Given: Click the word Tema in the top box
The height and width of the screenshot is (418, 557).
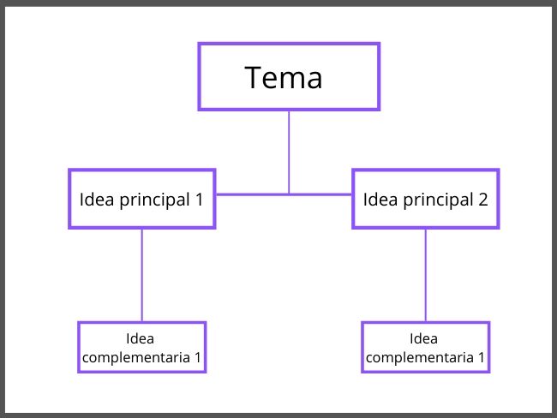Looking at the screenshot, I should [x=284, y=78].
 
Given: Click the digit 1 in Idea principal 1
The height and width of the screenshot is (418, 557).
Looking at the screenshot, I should [x=199, y=200].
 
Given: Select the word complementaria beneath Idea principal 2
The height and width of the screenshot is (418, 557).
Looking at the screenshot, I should [x=420, y=357].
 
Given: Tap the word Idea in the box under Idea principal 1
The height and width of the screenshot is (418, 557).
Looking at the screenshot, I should [x=141, y=339].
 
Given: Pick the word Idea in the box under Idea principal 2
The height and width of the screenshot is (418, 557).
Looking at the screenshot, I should [x=425, y=339].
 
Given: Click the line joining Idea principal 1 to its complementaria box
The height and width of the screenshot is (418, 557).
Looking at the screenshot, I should [x=142, y=274].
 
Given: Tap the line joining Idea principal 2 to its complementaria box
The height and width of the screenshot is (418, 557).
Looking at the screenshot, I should [x=426, y=274].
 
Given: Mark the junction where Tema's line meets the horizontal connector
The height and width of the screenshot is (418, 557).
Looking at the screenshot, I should [x=289, y=194].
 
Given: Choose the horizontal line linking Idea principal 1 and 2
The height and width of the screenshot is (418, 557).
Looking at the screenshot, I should [x=249, y=194].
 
